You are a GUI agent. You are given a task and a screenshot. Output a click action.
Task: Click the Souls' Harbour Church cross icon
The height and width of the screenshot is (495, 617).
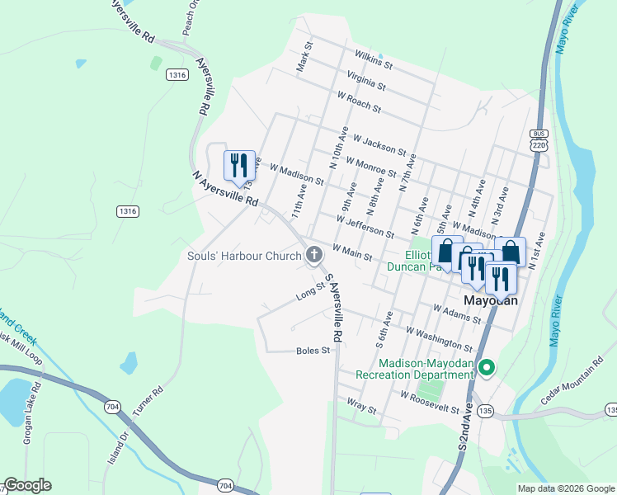click(313, 256)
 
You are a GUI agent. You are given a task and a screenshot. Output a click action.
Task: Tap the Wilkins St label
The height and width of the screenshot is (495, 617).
click(373, 57)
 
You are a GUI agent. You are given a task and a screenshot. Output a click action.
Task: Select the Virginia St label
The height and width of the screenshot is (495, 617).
click(366, 79)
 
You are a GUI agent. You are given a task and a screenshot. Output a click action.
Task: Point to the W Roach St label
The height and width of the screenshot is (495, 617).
click(359, 102)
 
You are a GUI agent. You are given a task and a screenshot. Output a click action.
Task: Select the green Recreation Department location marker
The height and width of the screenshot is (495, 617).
click(487, 368)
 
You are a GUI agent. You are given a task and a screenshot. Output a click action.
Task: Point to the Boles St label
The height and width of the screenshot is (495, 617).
click(313, 351)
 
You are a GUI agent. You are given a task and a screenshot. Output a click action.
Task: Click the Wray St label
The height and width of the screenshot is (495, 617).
click(361, 408)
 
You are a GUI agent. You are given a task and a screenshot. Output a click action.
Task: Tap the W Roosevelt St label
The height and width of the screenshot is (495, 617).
click(430, 402)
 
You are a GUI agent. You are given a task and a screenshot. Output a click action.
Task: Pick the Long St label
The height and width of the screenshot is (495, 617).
click(310, 291)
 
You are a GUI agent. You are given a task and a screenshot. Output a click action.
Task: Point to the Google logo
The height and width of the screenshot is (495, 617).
click(27, 485)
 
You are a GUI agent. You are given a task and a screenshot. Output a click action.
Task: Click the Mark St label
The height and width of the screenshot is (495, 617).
click(303, 57)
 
